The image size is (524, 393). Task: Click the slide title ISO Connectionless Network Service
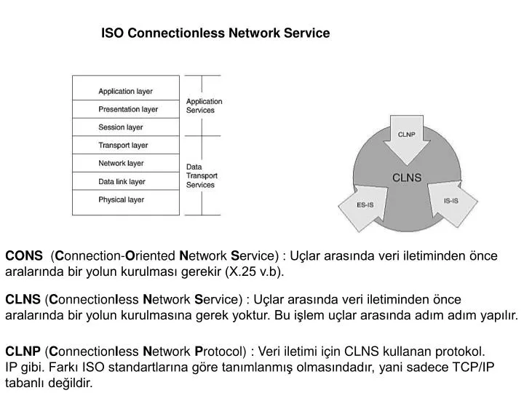pos(215,33)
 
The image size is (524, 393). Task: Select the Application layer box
pos(126,92)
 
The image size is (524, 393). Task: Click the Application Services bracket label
pos(205,106)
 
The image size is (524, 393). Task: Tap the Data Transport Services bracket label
pos(202,175)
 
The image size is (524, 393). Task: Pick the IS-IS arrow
pos(450,200)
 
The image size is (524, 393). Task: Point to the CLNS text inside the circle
pos(407,177)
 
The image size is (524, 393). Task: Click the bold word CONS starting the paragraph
pos(24,255)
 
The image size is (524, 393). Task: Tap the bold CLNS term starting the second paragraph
pos(23,299)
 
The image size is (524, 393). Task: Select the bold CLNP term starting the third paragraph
pos(23,350)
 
